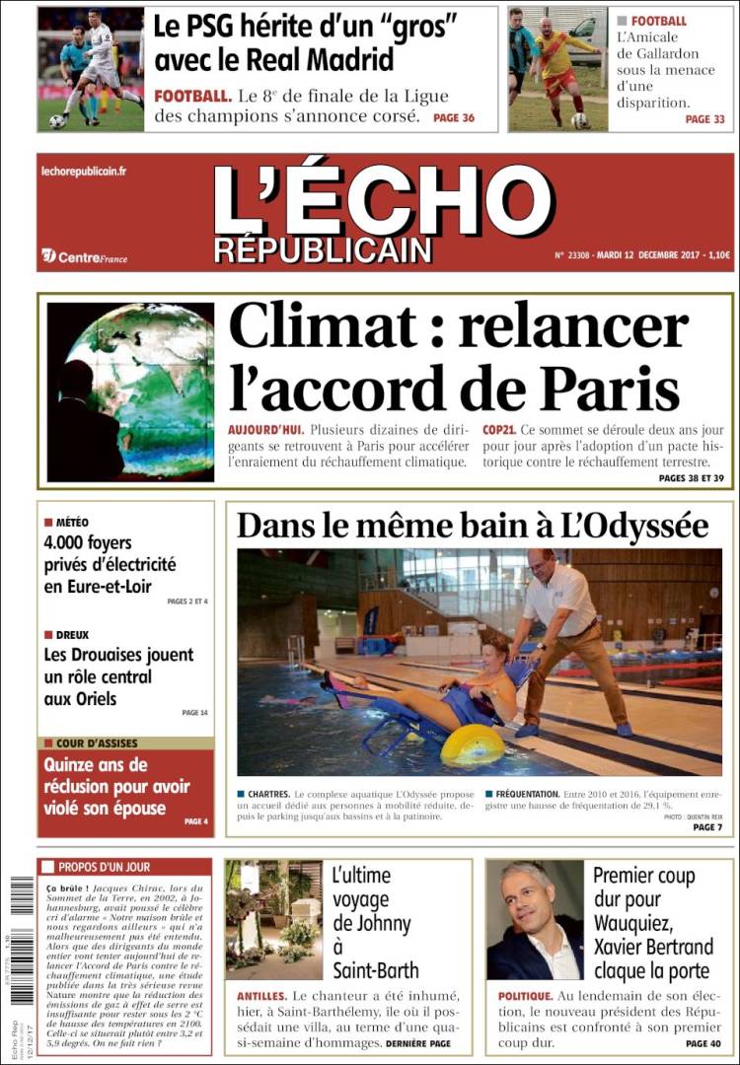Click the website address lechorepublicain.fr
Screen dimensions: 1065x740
tap(84, 171)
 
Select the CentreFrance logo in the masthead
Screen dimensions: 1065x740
tap(85, 256)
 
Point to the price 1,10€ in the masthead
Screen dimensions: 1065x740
tap(717, 255)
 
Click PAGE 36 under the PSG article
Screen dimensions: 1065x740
tap(454, 117)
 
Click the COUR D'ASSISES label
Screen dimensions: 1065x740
tap(97, 743)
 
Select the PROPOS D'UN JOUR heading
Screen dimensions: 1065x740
tap(104, 867)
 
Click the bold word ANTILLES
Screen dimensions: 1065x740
tap(261, 996)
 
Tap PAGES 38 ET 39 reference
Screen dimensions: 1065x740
tap(692, 478)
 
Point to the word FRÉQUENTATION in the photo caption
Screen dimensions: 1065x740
tap(526, 793)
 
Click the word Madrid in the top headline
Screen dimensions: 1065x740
tap(349, 58)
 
